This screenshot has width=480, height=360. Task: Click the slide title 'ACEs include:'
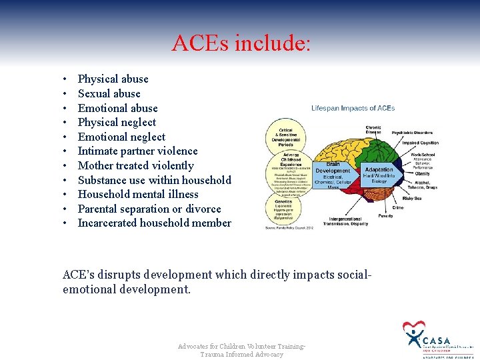241,43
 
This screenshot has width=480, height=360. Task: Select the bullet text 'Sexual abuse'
109,93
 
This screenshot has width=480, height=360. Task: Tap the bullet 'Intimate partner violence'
137,151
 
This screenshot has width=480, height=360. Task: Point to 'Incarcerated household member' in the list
154,223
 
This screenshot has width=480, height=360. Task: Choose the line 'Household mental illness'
138,194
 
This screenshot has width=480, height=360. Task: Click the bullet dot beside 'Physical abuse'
63,79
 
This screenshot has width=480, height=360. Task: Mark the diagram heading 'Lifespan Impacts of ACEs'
353,108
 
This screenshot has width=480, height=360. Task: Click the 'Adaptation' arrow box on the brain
379,175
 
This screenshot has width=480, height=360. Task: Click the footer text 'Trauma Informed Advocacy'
241,354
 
